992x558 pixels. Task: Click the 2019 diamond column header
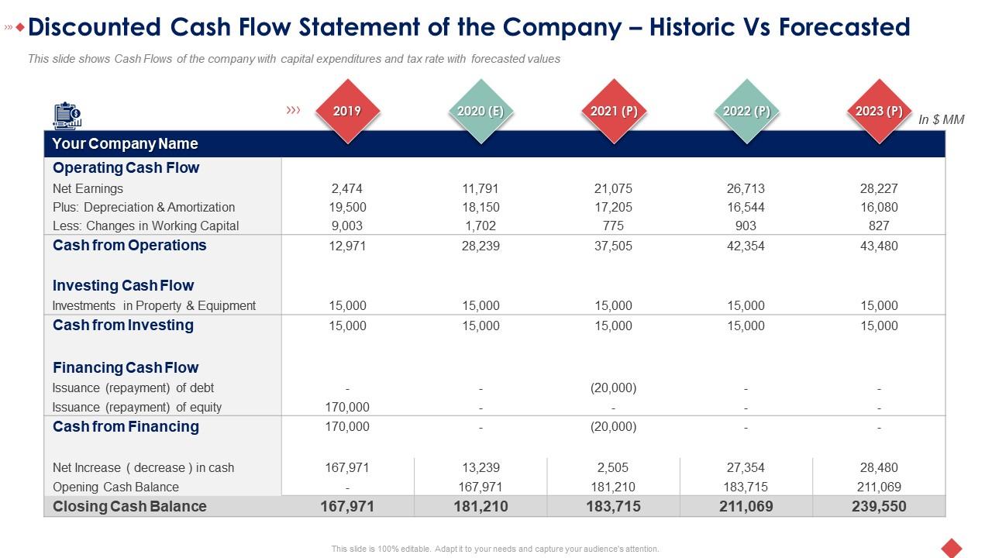click(347, 111)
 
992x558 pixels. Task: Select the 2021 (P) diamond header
click(614, 111)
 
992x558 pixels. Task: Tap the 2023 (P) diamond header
click(879, 111)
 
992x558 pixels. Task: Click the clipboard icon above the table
click(67, 115)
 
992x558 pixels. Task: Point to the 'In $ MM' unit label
click(941, 120)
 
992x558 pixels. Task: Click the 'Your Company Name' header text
click(125, 143)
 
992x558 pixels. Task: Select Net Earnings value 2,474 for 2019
click(346, 188)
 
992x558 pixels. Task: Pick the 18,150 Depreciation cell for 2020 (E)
click(480, 207)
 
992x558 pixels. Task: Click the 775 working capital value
click(613, 226)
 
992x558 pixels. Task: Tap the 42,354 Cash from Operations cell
click(746, 246)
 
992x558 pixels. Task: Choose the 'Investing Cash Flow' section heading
click(123, 285)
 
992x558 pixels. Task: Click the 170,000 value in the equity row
click(347, 407)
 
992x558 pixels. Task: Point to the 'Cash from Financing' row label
click(126, 426)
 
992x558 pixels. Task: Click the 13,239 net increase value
click(480, 467)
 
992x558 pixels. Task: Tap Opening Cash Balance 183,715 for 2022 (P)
click(746, 487)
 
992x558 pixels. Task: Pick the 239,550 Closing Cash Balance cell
click(879, 506)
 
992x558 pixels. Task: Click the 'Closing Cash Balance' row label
click(129, 506)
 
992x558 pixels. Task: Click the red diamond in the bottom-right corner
click(951, 547)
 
